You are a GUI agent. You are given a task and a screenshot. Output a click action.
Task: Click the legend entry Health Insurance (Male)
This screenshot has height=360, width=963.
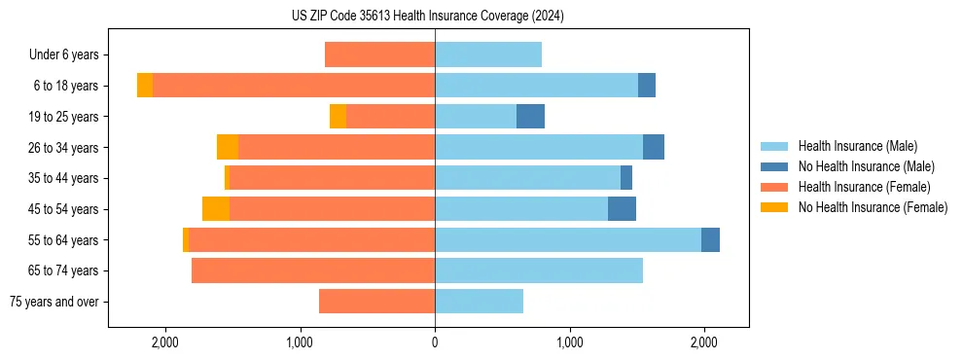pyautogui.click(x=857, y=146)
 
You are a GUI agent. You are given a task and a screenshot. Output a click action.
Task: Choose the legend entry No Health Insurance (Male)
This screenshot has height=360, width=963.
pyautogui.click(x=866, y=166)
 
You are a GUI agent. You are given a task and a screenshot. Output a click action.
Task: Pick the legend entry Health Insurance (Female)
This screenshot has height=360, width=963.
pyautogui.click(x=864, y=187)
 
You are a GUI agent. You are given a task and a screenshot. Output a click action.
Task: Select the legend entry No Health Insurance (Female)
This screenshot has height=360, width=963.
pyautogui.click(x=873, y=207)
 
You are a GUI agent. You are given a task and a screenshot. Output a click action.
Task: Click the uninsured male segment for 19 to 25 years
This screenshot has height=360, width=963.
pyautogui.click(x=530, y=117)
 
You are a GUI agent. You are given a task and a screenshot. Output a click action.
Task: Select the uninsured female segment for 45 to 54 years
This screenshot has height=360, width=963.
pyautogui.click(x=216, y=209)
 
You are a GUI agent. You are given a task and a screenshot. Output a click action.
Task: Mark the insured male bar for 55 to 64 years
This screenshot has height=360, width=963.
pyautogui.click(x=568, y=240)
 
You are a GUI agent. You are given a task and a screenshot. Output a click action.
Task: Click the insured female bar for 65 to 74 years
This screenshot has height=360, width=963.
pyautogui.click(x=313, y=270)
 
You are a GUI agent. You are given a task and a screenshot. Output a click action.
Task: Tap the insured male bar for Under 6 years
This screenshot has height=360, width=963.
pyautogui.click(x=488, y=55)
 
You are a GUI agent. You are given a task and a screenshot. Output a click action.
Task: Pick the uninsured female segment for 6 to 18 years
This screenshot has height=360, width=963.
pyautogui.click(x=145, y=86)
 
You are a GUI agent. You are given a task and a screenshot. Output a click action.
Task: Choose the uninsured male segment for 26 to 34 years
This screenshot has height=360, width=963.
pyautogui.click(x=654, y=148)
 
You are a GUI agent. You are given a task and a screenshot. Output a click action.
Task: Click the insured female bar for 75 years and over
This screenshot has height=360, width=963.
pyautogui.click(x=376, y=302)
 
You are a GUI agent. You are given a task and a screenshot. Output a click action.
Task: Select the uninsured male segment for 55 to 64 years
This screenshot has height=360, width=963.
pyautogui.click(x=710, y=240)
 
